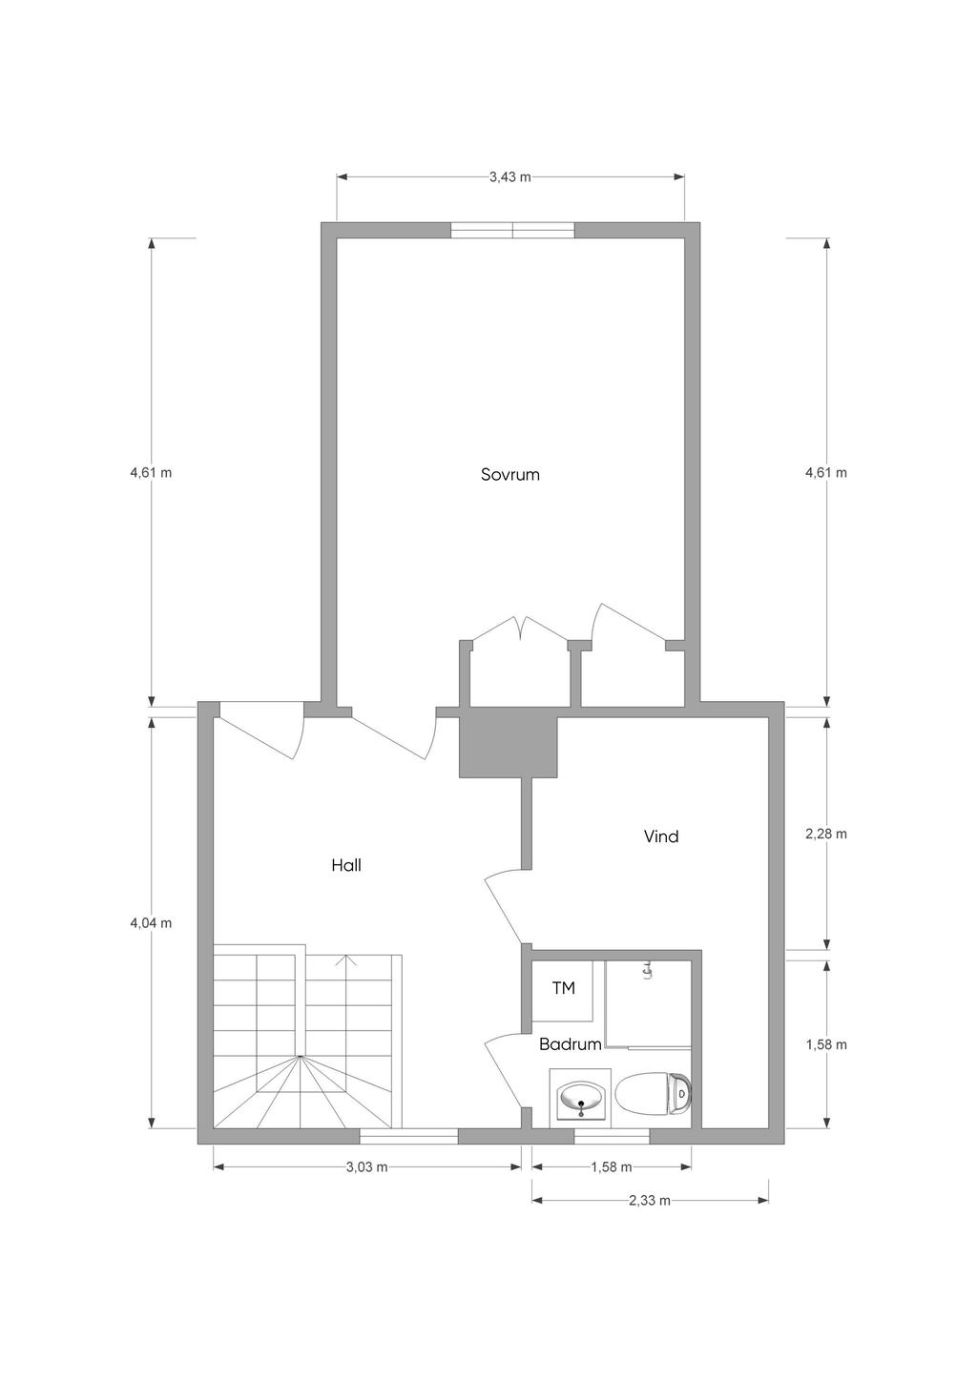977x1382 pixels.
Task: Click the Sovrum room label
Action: click(x=509, y=474)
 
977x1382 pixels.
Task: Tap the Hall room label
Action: click(x=345, y=865)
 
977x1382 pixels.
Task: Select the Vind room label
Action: click(x=661, y=836)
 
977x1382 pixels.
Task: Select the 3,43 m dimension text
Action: click(x=509, y=177)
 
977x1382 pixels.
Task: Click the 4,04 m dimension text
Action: click(x=151, y=923)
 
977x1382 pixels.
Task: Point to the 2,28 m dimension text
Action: click(x=826, y=834)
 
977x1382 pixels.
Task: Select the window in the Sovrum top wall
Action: click(x=512, y=230)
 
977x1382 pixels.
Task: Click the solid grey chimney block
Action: click(x=508, y=747)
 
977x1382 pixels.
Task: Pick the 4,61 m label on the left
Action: click(x=151, y=473)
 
